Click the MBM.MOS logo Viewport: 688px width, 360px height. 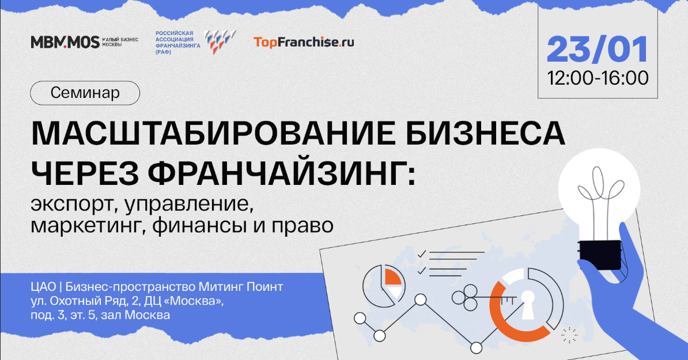pos(65,42)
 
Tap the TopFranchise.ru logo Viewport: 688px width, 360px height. pos(304,42)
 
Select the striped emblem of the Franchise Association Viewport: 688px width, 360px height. pos(220,41)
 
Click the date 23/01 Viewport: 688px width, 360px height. pos(598,50)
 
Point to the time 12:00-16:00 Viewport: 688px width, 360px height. pos(598,78)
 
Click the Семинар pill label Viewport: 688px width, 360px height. pos(85,93)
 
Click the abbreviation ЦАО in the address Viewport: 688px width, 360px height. pos(43,287)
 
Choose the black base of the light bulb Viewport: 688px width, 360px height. pos(600,255)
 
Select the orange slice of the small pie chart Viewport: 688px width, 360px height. pos(393,278)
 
